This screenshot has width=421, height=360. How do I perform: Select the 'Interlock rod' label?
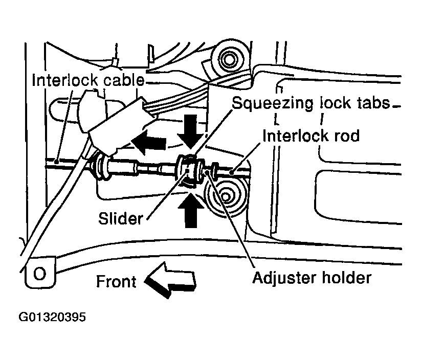point(311,136)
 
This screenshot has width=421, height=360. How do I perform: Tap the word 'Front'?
point(117,282)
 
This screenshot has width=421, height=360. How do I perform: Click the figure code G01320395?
point(53,317)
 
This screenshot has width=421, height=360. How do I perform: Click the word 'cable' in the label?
point(123,81)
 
